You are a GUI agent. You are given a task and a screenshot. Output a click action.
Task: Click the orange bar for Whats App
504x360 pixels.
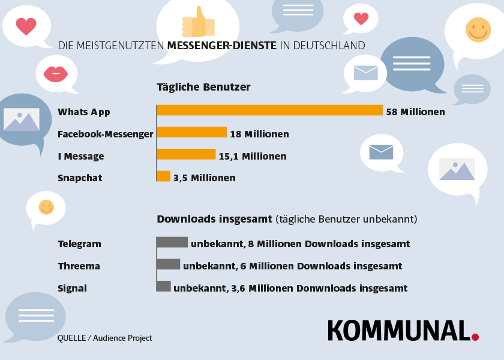269,110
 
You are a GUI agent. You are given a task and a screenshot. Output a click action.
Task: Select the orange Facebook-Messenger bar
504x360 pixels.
191,133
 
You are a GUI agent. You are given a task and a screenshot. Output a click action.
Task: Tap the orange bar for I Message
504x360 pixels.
186,154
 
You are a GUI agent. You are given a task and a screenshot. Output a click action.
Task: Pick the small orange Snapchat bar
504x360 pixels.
163,176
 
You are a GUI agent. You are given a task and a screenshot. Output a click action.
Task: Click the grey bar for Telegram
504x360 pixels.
172,242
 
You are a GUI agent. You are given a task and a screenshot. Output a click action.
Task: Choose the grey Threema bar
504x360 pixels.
168,264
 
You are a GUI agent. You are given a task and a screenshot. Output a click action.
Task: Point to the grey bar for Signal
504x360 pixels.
164,286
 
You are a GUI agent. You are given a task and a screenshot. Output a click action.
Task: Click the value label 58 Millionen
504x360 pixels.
415,112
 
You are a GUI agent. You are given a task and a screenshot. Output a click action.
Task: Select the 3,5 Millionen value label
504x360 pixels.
204,178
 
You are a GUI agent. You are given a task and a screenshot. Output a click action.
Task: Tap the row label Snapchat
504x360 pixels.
80,178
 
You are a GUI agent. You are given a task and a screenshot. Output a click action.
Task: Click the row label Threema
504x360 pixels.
79,266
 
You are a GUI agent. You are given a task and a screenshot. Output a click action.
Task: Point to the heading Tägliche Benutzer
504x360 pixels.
203,87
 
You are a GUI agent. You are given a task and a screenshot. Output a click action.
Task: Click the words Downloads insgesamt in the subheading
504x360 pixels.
215,219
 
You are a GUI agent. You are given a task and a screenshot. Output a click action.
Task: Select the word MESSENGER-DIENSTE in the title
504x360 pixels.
222,46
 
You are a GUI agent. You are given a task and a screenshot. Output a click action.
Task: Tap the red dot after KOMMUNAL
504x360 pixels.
475,337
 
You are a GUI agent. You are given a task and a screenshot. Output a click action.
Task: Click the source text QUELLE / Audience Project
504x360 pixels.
105,338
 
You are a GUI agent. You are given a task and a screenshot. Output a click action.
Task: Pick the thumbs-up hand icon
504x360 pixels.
197,23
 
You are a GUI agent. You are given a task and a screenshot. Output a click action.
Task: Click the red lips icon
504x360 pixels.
56,74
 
